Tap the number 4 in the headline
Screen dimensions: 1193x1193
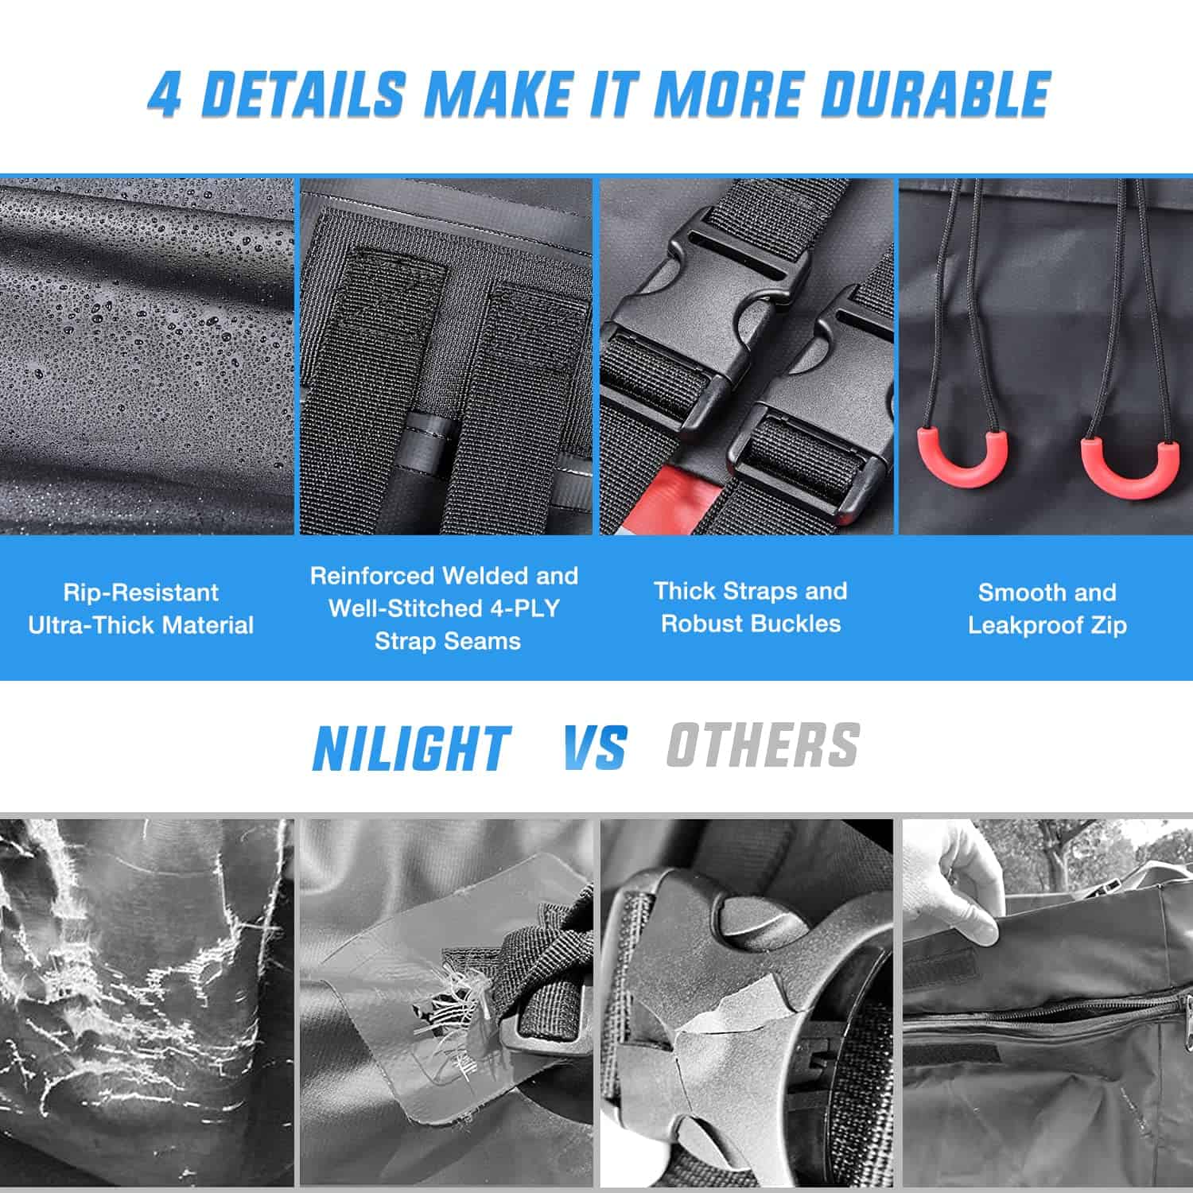[165, 95]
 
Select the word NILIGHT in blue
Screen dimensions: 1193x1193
[411, 748]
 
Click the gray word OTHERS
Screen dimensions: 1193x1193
[763, 745]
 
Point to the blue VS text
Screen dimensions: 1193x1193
[594, 747]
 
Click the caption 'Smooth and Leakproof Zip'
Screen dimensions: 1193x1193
[1047, 608]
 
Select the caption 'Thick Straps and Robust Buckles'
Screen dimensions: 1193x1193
[750, 607]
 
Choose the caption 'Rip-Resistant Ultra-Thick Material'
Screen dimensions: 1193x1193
[141, 608]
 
